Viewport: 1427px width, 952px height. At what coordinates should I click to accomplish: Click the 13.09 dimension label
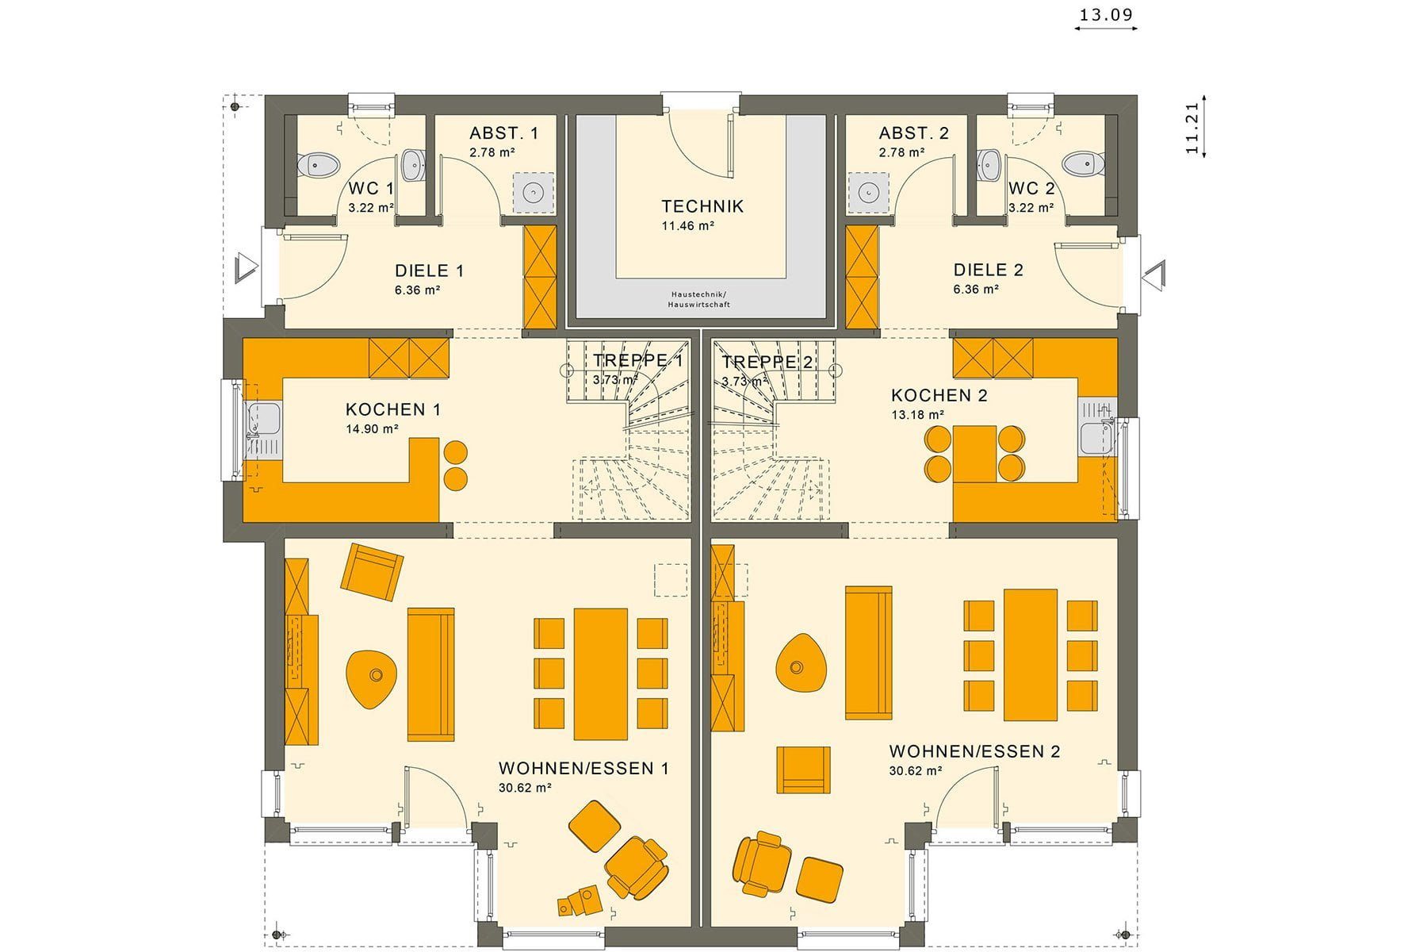click(x=1106, y=14)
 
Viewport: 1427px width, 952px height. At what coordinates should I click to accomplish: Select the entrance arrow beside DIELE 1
click(x=247, y=267)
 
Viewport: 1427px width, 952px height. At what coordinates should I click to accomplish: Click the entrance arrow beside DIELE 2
click(x=1154, y=274)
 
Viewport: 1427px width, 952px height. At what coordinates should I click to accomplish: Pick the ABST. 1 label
click(x=503, y=133)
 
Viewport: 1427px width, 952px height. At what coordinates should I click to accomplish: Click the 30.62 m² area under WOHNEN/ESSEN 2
click(x=915, y=770)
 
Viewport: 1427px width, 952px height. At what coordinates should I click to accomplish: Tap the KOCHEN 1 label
click(x=393, y=409)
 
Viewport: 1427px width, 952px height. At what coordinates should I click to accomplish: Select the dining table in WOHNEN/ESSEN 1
click(x=601, y=674)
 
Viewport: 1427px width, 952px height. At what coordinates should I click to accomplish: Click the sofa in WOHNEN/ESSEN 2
click(x=869, y=653)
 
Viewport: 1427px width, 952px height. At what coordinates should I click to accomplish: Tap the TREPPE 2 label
click(x=767, y=363)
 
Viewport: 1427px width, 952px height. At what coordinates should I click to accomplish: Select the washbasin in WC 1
click(x=414, y=165)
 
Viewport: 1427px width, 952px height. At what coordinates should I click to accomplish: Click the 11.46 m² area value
click(x=688, y=226)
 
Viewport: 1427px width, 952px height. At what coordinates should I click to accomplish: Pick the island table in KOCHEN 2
click(x=974, y=454)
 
